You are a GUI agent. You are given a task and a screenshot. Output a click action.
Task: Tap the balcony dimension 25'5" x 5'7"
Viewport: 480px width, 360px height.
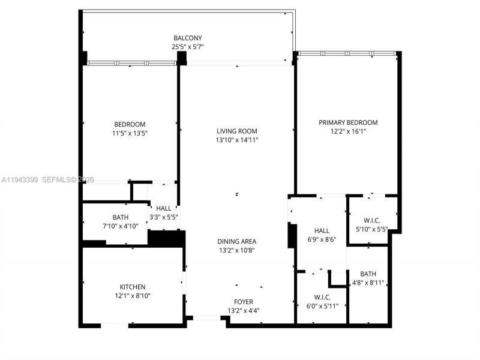187,47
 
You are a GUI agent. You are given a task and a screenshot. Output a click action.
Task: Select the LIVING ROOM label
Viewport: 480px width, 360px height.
237,131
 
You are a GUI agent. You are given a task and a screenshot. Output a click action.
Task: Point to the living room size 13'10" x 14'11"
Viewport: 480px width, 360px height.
237,140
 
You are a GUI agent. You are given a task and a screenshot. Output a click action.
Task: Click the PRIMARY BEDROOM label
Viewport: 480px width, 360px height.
348,122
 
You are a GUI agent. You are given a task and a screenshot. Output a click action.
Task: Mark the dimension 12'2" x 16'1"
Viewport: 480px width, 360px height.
348,131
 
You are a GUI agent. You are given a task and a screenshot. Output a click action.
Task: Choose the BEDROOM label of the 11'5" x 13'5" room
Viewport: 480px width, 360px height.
130,125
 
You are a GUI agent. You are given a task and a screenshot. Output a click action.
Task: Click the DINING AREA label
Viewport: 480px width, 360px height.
237,241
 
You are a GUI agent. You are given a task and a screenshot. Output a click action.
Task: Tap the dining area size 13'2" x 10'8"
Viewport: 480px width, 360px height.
237,250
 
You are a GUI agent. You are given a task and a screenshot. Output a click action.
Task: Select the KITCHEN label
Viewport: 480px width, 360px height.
133,287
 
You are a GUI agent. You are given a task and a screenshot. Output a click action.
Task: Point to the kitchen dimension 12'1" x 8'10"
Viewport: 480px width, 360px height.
133,296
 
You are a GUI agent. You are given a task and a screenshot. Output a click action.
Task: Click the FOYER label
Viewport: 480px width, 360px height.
244,302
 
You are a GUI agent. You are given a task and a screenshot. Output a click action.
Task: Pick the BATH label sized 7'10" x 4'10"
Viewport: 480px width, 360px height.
121,217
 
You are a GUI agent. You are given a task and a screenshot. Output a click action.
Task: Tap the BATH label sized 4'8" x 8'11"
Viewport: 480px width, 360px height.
368,274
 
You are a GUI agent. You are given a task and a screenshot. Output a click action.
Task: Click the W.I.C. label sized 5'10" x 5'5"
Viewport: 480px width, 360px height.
373,219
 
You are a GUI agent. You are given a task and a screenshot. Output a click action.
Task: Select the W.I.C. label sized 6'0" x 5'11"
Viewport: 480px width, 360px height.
322,297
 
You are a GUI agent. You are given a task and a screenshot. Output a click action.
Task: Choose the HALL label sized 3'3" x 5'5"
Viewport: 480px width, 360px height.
164,208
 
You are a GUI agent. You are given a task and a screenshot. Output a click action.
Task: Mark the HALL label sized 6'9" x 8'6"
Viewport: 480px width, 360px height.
322,230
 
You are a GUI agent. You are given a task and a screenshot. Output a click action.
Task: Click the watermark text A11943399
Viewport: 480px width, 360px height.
20,179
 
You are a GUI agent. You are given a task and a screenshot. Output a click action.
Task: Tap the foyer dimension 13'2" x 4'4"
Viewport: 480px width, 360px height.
244,311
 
